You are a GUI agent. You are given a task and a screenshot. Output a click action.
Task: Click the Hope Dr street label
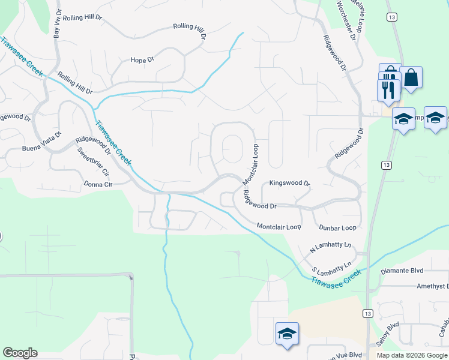coord(142,60)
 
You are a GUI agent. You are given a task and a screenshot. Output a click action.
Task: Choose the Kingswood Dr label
coord(289,183)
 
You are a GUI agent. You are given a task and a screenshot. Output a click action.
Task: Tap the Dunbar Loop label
coord(337,228)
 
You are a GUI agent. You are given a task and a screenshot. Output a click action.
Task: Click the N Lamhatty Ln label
coord(330,246)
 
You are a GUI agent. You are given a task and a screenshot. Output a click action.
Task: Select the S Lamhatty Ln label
coord(331,267)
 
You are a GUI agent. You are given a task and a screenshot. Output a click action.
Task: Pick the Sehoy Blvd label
coord(392,333)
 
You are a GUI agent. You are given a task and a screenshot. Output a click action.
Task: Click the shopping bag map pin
coord(411,78)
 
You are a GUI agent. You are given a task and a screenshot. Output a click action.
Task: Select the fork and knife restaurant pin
coord(388,89)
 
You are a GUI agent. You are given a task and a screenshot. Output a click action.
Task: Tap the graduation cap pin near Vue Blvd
coord(287,333)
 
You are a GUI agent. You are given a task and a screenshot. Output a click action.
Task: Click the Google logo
coord(20,353)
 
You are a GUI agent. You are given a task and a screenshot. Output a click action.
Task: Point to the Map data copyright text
coord(412,355)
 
